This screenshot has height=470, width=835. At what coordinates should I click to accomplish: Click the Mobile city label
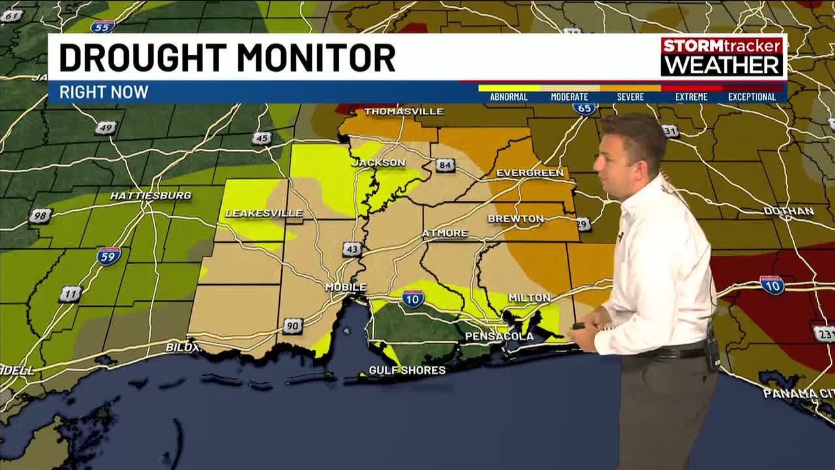point(346,287)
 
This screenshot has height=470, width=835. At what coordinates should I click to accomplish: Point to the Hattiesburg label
point(151,195)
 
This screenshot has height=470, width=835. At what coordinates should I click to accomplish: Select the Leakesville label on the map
point(264,213)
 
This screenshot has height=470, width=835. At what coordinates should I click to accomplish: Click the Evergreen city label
point(530,173)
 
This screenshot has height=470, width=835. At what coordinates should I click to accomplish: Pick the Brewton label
point(515,219)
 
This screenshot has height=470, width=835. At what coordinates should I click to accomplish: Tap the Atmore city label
point(444,233)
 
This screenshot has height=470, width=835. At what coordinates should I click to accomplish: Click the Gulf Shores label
point(407,370)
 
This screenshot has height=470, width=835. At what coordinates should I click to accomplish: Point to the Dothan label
point(789,211)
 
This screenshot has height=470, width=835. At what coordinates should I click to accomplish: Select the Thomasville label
point(404,112)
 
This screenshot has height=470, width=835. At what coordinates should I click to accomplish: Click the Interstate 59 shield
point(109,255)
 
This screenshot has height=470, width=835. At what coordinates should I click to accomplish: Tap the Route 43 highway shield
point(352,249)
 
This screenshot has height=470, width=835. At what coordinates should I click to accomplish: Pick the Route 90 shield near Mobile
point(293,326)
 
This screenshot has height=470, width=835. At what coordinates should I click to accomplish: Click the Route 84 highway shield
point(446,165)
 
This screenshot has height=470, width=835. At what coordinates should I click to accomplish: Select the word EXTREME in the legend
point(691,97)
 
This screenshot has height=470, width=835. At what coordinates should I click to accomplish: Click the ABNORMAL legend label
point(508,97)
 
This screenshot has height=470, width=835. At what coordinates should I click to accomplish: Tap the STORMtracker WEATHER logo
point(721,56)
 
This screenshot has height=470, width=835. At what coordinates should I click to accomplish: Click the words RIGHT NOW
point(104,92)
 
